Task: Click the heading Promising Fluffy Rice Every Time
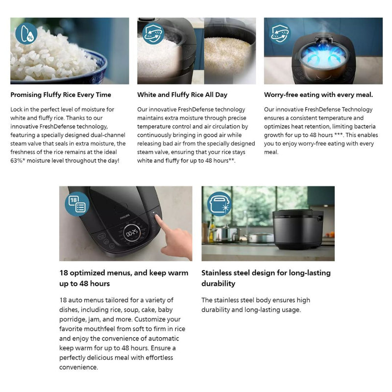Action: (61, 95)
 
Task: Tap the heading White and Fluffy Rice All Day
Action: (182, 95)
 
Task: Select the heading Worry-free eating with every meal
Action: (318, 95)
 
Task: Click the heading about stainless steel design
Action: (266, 278)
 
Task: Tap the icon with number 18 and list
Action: (77, 203)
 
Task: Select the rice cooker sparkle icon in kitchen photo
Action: (220, 203)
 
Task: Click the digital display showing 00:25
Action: (131, 233)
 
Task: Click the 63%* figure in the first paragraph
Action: (20, 161)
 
